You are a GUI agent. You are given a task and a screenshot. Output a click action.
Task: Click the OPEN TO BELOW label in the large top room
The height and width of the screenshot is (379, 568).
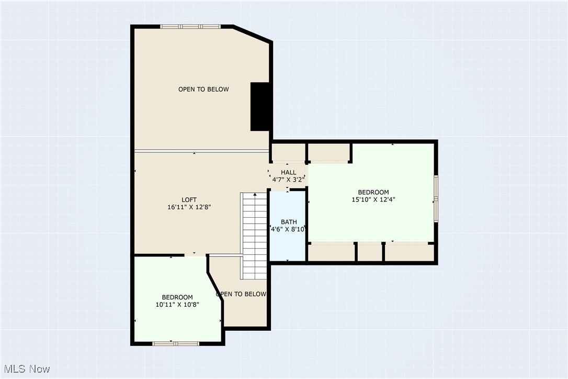click(203, 89)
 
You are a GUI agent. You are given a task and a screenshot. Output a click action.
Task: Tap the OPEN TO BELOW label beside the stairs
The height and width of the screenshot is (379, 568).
click(241, 294)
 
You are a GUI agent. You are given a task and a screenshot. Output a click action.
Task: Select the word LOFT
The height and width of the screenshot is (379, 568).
click(189, 199)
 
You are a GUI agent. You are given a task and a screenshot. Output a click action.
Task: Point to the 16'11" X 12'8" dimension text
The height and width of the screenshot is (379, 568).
click(189, 207)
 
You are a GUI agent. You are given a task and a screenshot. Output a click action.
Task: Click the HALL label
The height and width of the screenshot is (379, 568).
click(288, 172)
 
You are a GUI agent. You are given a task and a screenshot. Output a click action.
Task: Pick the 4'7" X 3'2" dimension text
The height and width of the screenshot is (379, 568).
click(288, 180)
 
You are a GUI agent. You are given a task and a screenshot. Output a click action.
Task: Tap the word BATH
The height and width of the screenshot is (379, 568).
click(289, 222)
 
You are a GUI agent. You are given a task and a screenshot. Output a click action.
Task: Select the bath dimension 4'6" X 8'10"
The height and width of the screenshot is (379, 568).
click(288, 229)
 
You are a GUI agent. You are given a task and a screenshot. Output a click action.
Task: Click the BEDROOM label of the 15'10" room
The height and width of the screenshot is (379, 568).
click(373, 192)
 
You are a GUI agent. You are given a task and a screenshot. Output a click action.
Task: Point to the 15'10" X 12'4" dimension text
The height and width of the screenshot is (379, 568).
click(373, 199)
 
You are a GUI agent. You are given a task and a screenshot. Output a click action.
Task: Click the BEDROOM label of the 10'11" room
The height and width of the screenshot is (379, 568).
click(177, 297)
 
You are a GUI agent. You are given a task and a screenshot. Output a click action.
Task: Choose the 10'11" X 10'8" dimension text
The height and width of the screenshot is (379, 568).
click(177, 304)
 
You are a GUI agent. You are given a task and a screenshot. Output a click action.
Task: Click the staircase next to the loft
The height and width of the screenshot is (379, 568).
click(255, 236)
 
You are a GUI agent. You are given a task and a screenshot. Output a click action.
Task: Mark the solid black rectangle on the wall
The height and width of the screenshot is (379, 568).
click(260, 107)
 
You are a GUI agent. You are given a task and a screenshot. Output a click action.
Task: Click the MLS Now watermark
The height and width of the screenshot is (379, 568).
click(25, 369)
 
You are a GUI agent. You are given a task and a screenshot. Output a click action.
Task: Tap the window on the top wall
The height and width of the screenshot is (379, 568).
click(190, 27)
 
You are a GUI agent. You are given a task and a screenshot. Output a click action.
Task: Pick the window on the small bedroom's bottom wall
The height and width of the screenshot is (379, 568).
click(176, 343)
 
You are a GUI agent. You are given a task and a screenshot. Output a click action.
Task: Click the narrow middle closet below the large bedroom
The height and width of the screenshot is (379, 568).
click(370, 252)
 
